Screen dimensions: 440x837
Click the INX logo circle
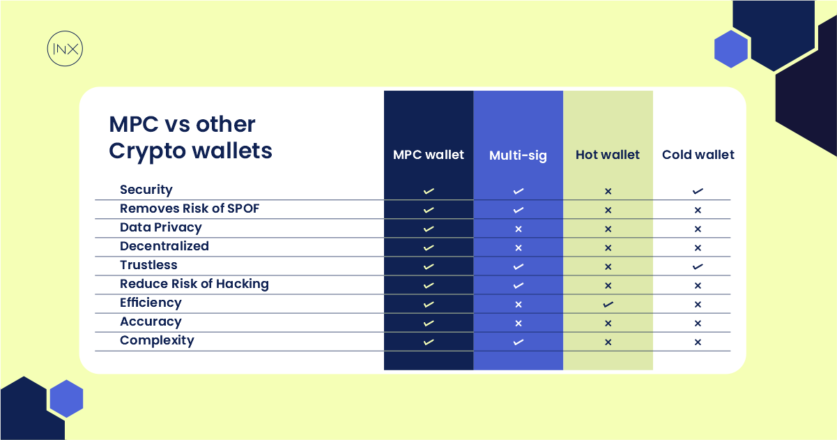(x=65, y=50)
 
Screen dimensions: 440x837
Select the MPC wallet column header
(x=429, y=155)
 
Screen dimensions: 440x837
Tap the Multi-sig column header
(x=518, y=155)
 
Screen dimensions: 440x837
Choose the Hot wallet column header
(x=608, y=155)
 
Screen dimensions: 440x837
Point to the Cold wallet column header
(x=698, y=155)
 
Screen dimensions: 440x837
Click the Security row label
(x=146, y=190)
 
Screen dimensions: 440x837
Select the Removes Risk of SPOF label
(x=190, y=208)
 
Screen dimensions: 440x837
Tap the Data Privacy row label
(x=161, y=227)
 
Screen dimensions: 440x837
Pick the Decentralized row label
(x=164, y=246)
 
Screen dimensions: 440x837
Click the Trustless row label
(x=148, y=265)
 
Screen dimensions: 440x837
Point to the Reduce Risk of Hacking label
(x=194, y=284)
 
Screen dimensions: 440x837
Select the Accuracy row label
(x=151, y=321)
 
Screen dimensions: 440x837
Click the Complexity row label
(x=157, y=340)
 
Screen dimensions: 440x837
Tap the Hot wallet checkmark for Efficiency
(x=608, y=304)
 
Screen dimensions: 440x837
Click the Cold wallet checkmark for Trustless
(x=698, y=266)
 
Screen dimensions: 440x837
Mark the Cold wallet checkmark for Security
(x=698, y=191)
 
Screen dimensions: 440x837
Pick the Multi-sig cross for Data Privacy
(x=518, y=229)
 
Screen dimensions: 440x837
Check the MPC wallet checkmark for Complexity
(x=429, y=342)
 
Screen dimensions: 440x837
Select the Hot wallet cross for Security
(x=608, y=191)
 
